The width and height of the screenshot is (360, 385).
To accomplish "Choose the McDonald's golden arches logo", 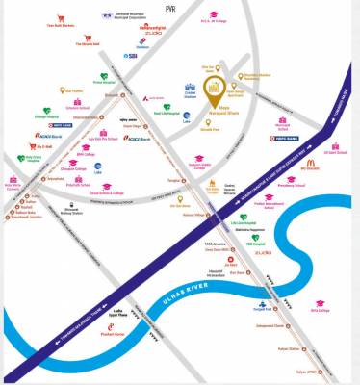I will tap(312, 164).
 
